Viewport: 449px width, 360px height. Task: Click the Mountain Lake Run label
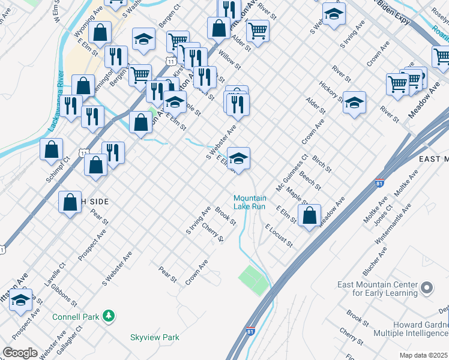249,202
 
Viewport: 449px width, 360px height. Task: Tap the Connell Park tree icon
109,316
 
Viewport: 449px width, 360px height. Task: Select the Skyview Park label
155,338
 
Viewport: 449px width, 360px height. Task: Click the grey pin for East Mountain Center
426,289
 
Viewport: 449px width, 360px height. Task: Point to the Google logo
19,353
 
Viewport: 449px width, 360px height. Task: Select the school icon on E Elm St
239,158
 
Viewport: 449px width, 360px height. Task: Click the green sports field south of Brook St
255,280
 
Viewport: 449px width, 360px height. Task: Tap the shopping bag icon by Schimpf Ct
52,149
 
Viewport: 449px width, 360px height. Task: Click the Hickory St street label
331,91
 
